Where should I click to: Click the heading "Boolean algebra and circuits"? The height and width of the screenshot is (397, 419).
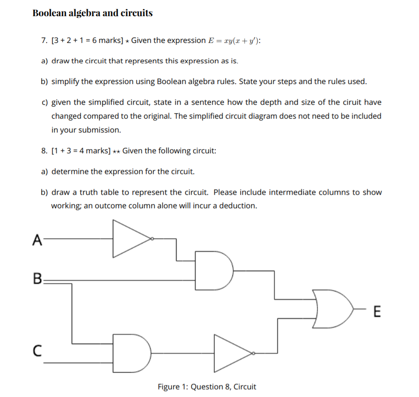pyautogui.click(x=92, y=13)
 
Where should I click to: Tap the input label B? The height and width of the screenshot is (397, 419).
pyautogui.click(x=37, y=279)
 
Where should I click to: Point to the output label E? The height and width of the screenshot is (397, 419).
pyautogui.click(x=376, y=313)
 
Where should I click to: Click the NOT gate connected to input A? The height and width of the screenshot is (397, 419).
pyautogui.click(x=132, y=239)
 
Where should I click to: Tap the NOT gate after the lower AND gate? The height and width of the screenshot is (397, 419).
pyautogui.click(x=232, y=354)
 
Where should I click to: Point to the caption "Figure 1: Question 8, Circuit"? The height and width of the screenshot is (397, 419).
pyautogui.click(x=206, y=387)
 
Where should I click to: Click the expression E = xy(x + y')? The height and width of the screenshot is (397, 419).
pyautogui.click(x=235, y=41)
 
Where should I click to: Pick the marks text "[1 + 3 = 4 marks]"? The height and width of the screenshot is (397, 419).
pyautogui.click(x=80, y=151)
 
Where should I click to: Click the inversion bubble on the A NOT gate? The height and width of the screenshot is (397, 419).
pyautogui.click(x=152, y=239)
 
